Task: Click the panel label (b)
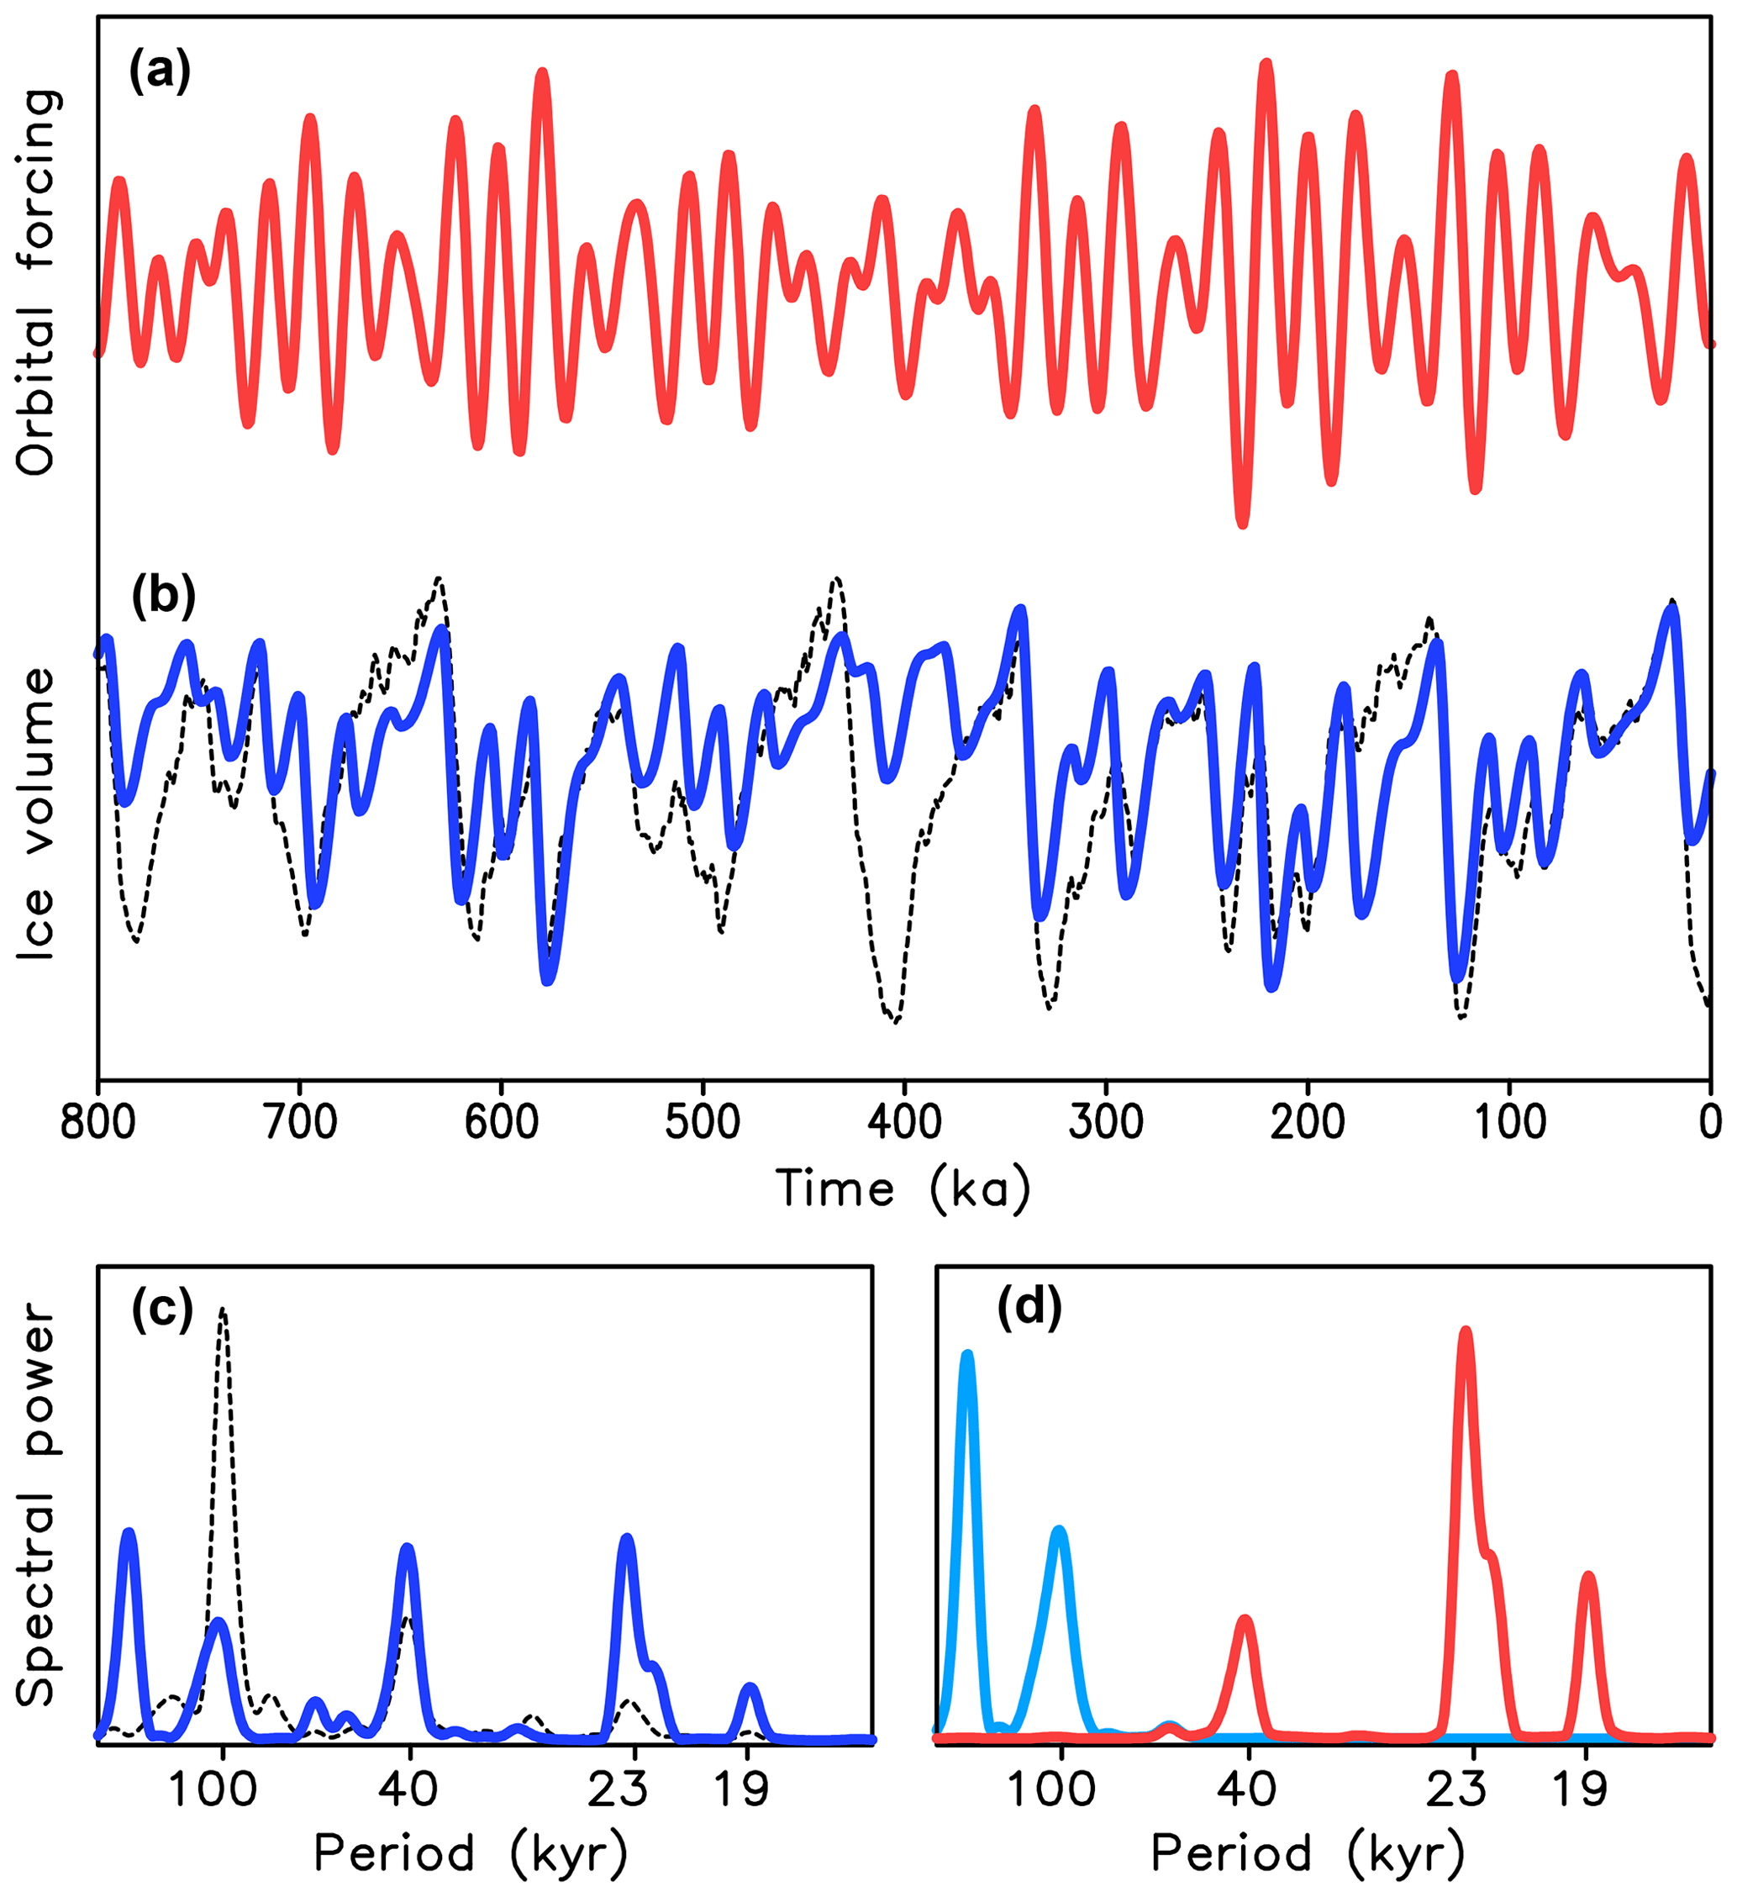pos(163,596)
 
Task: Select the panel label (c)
pos(163,1309)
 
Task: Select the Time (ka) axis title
pos(903,1189)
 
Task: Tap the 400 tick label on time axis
pos(904,1123)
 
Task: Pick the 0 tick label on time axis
pos(1711,1123)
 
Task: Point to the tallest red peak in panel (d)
pos(1465,1333)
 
